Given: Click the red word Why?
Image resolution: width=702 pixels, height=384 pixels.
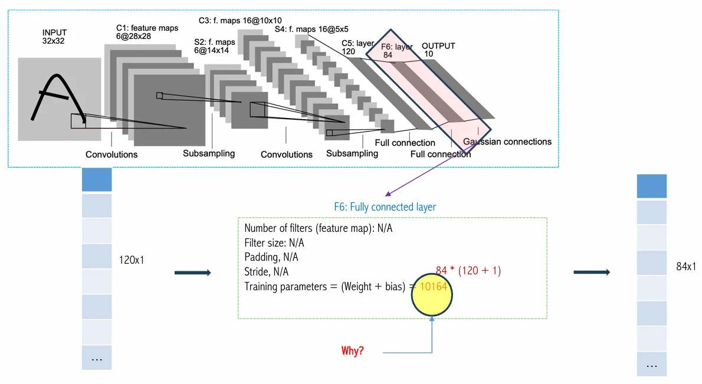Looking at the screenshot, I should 353,351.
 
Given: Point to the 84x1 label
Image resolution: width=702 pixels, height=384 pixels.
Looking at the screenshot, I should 687,267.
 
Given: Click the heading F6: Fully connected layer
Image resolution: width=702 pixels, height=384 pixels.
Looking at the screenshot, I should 385,207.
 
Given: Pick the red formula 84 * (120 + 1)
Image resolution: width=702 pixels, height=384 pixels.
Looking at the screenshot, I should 468,270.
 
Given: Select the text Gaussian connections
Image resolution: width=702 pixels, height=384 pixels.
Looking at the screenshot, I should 507,142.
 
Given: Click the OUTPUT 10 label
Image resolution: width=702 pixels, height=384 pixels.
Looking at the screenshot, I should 438,50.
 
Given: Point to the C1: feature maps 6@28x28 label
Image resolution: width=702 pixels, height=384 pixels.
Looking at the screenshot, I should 147,32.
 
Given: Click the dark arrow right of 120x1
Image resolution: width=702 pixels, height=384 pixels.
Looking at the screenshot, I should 192,273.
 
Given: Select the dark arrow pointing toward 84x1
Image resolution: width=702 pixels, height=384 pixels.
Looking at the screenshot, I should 591,273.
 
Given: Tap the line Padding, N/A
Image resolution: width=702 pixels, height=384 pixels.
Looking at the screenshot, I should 271,257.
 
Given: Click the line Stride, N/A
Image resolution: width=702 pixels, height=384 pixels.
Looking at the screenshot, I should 266,272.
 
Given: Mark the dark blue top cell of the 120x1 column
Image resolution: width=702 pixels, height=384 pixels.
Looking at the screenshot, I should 97,179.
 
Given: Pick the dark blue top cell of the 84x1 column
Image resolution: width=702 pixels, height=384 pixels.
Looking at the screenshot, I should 652,186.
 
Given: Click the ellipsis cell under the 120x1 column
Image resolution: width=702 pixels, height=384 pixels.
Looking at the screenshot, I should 97,357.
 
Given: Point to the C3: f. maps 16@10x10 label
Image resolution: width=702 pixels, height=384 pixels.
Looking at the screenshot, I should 240,20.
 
